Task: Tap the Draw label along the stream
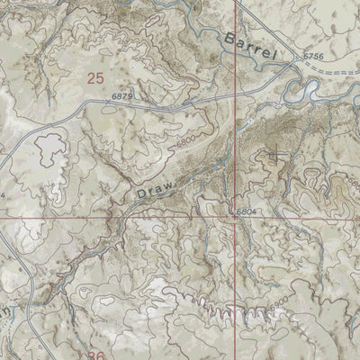click(x=155, y=189)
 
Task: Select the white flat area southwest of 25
click(x=49, y=146)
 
